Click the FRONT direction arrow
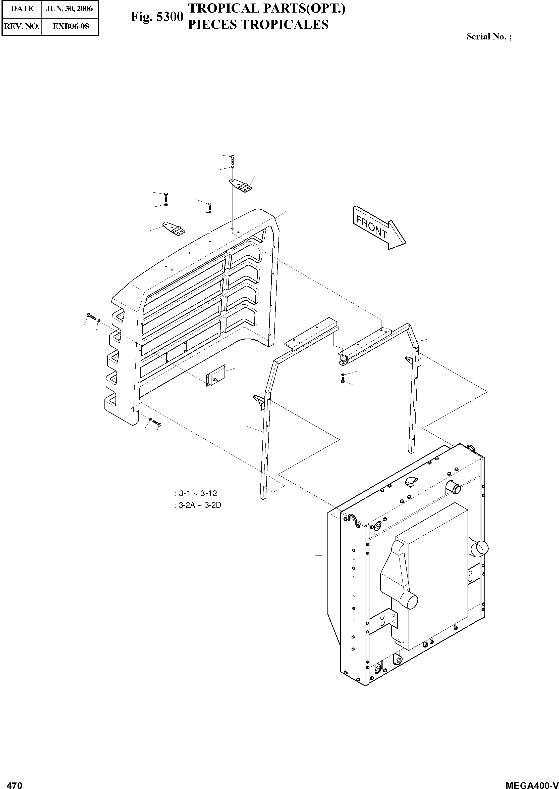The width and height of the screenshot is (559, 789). point(379,228)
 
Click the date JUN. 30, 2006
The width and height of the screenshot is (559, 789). point(70,8)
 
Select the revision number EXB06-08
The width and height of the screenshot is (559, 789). point(70,26)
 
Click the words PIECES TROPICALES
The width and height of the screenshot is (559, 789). point(258,25)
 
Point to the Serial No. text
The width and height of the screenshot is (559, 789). point(489,36)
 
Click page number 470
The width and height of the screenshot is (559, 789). point(15,784)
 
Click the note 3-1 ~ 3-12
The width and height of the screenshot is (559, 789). point(196,493)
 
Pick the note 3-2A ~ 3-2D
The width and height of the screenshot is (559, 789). point(198,505)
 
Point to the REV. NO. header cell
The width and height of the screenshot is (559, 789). point(22,26)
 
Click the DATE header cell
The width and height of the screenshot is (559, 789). point(22,8)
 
